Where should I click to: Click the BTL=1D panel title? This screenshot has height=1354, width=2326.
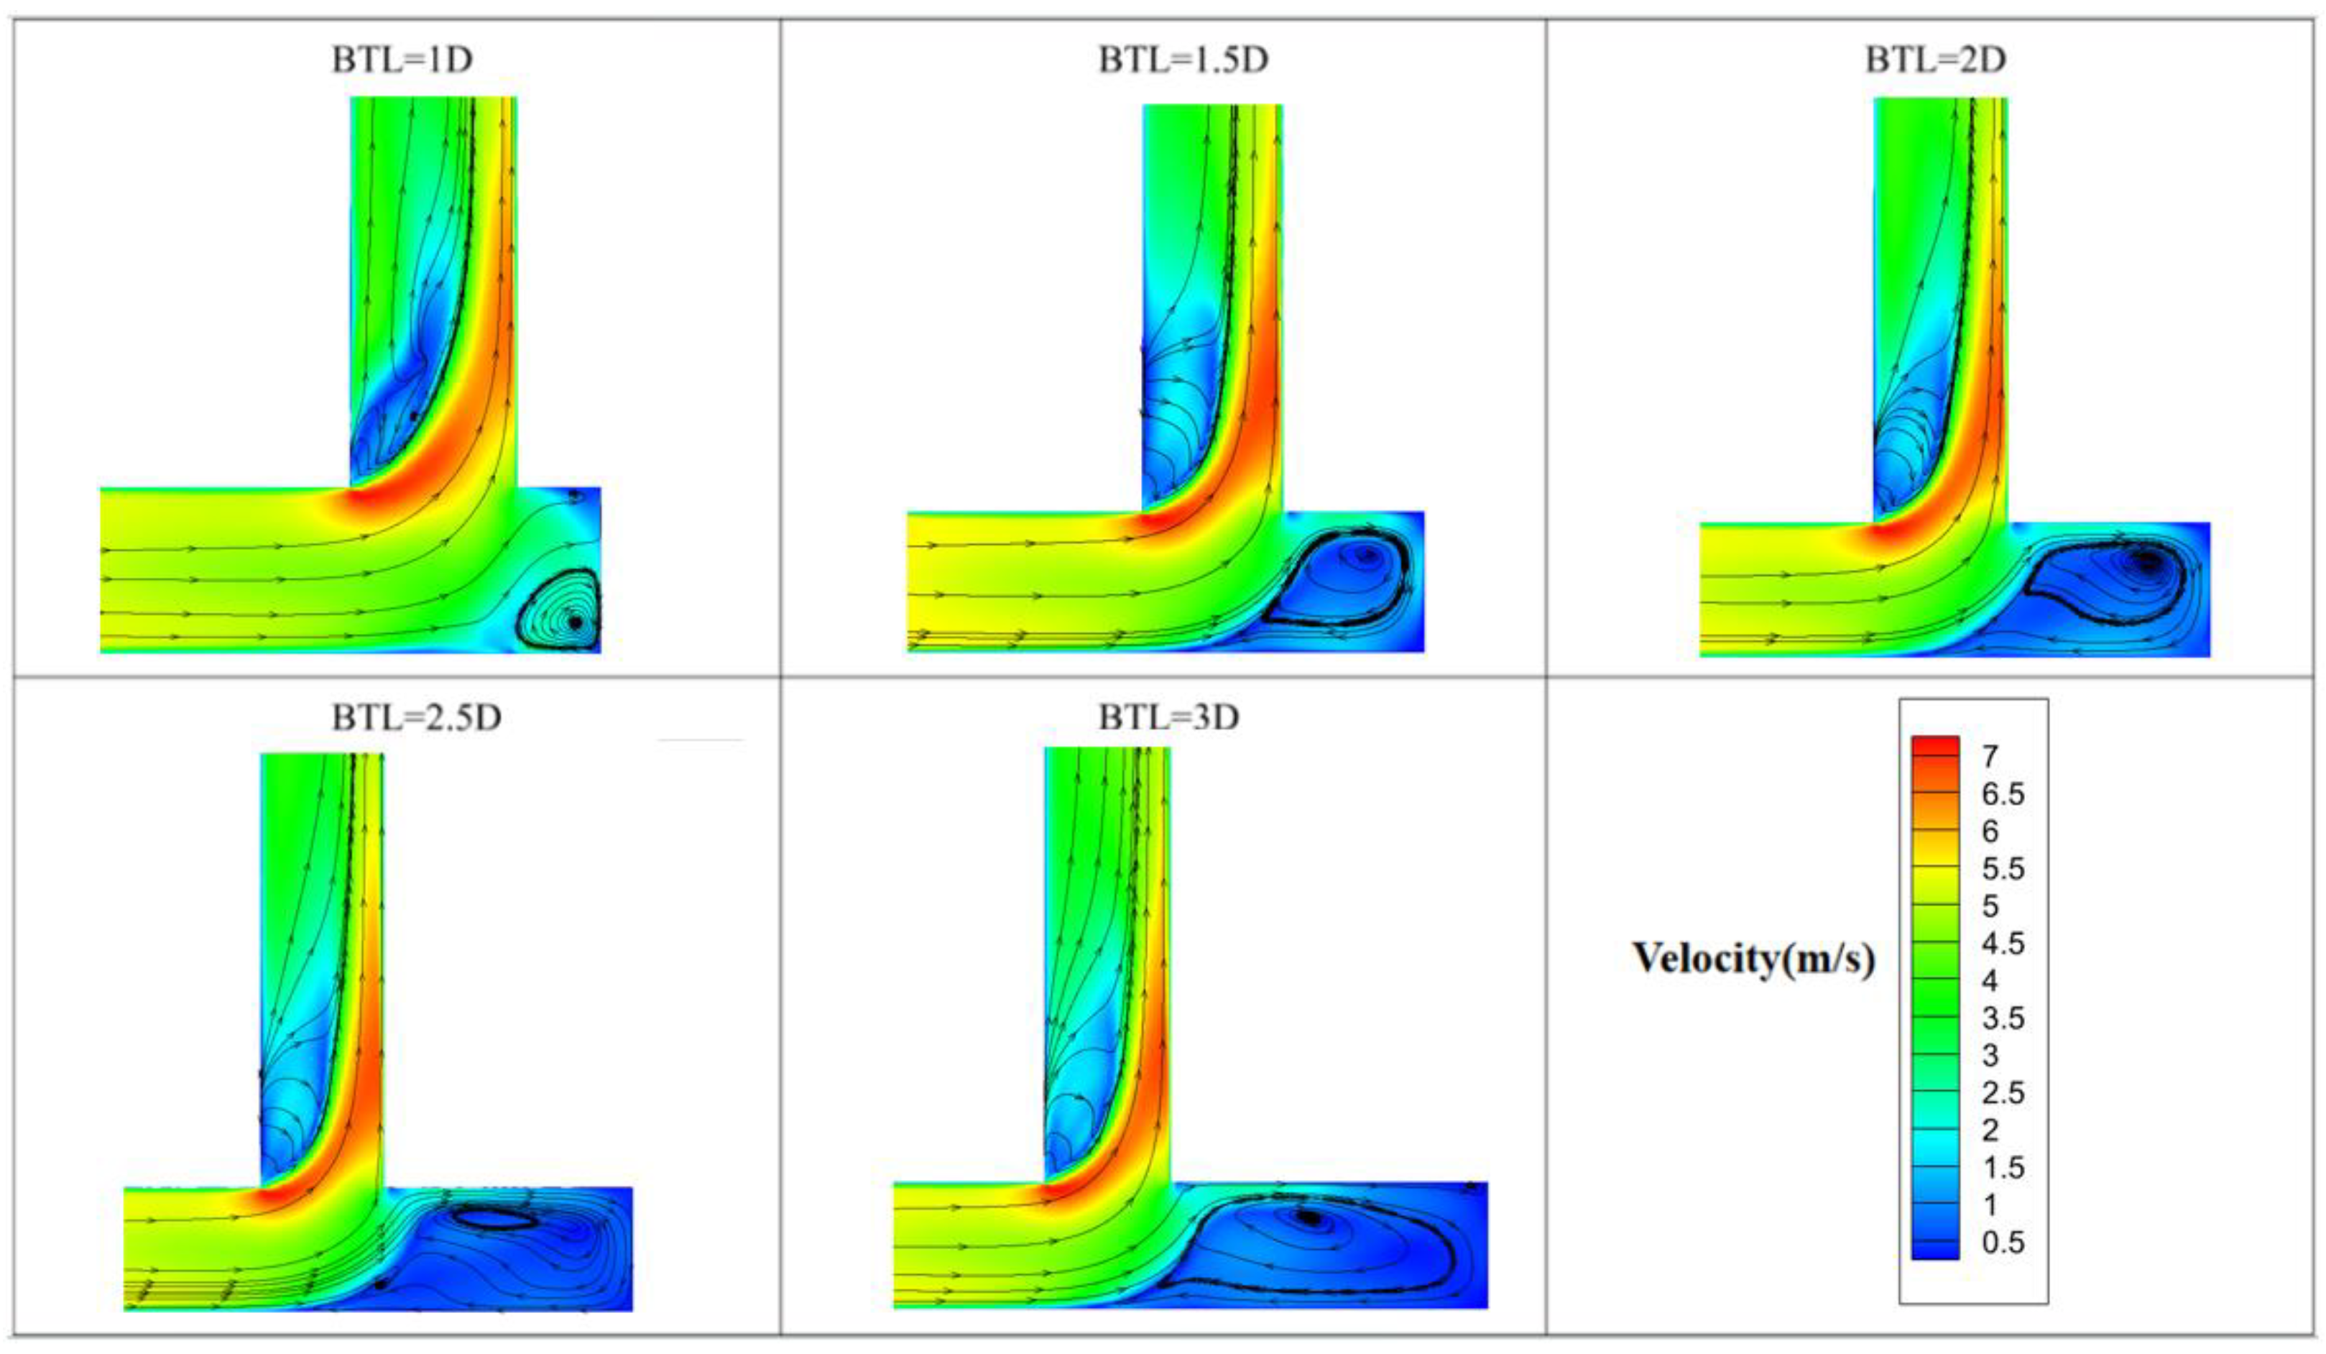click(402, 60)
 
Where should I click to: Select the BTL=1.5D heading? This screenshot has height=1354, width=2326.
click(1183, 60)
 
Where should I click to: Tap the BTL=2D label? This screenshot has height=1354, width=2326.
click(1936, 60)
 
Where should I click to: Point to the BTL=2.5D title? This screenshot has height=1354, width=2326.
click(417, 717)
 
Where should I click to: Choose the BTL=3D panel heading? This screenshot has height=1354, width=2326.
click(1168, 717)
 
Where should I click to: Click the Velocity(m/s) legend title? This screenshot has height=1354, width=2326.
click(1754, 958)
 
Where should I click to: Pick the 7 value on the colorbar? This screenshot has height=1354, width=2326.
click(1989, 757)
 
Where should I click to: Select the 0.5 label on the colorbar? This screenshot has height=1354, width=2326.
click(2002, 1243)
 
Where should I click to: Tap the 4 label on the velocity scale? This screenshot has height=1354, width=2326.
click(1989, 981)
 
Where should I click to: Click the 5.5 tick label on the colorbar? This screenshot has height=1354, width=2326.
click(2002, 868)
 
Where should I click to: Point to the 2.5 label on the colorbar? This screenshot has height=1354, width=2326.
click(2002, 1093)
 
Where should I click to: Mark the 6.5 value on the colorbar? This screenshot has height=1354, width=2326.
click(2002, 793)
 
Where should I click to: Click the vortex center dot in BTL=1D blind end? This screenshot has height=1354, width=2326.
click(575, 623)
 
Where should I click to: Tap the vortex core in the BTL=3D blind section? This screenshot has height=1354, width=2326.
click(1310, 1218)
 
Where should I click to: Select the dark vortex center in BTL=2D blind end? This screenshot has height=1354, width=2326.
click(2147, 561)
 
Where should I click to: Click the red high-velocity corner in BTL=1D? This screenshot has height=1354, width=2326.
click(364, 503)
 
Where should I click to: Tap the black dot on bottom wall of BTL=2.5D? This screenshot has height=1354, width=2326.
click(379, 1284)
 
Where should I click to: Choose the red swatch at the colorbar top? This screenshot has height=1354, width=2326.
click(1934, 746)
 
